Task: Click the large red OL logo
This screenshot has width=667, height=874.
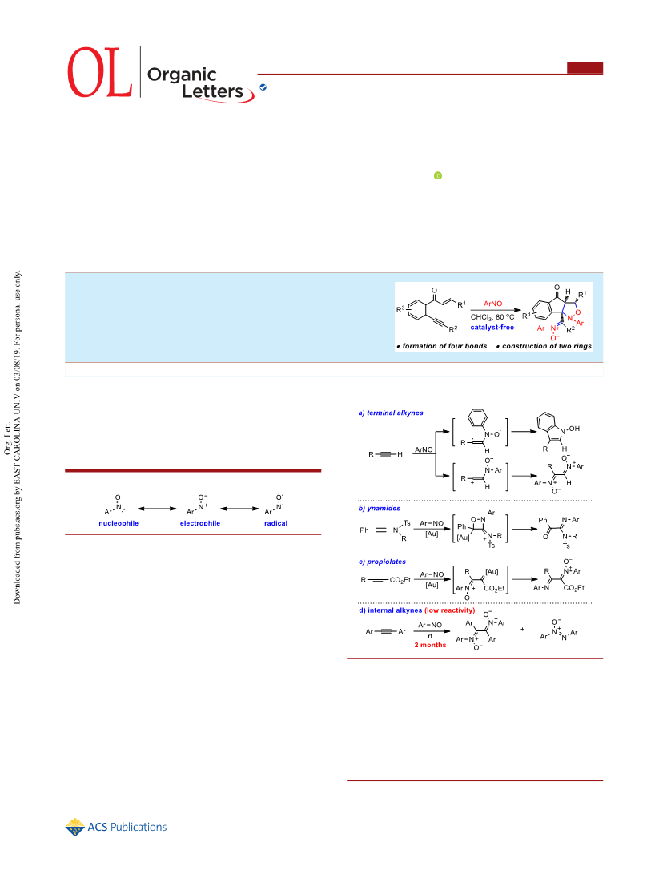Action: (x=100, y=72)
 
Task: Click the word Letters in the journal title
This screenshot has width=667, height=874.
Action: (x=212, y=91)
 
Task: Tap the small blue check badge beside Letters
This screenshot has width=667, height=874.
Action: (x=263, y=87)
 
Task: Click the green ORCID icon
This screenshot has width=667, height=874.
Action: (x=438, y=176)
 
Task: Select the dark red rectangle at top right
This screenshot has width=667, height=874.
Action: (x=585, y=67)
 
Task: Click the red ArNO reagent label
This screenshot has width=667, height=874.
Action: (x=492, y=304)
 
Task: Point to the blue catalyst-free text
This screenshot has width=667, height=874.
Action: (x=492, y=327)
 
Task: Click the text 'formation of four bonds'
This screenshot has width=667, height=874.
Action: (x=444, y=346)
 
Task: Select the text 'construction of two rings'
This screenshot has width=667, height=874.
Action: (x=547, y=346)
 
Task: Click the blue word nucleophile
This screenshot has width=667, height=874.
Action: (x=119, y=523)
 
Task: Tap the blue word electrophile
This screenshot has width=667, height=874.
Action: (x=200, y=523)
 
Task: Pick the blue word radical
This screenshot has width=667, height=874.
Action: (x=275, y=523)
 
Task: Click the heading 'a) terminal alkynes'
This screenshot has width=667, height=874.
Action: (x=391, y=413)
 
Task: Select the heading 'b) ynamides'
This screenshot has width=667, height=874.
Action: (x=380, y=509)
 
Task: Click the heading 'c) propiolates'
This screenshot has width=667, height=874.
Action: (x=382, y=562)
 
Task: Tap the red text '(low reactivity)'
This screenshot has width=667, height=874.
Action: (x=450, y=610)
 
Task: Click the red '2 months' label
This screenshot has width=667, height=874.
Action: (x=430, y=645)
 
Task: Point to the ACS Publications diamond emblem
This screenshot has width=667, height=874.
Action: (x=74, y=828)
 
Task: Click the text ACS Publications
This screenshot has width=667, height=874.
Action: (x=127, y=828)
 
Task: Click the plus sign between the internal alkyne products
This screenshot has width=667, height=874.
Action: (x=522, y=630)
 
